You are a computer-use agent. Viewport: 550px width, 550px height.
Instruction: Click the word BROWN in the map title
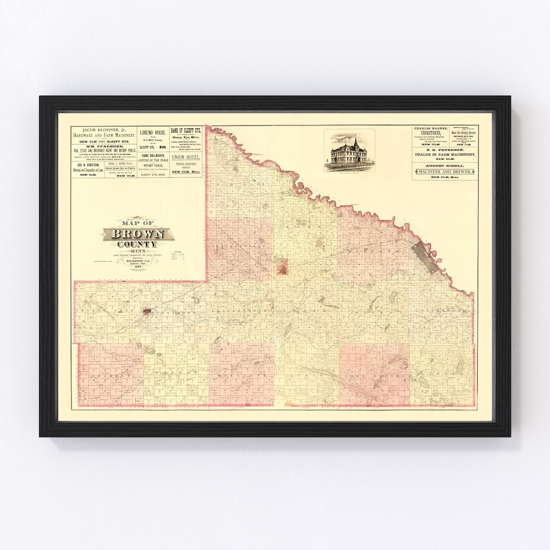tap(135, 234)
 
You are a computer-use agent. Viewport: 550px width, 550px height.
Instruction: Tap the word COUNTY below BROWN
tap(135, 244)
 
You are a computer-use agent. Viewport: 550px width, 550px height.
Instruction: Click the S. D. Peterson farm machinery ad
tap(445, 155)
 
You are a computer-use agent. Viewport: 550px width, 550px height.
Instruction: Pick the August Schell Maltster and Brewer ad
tap(445, 173)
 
